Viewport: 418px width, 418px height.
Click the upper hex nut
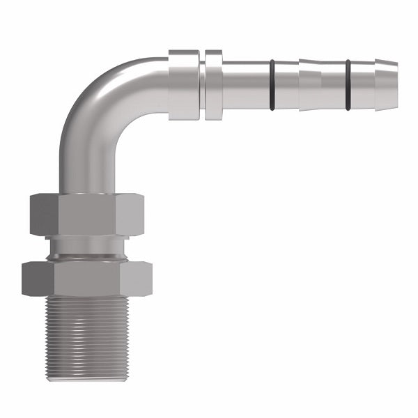click(87, 215)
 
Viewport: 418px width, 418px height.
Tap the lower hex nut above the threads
click(87, 279)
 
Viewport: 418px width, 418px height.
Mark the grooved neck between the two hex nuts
click(87, 249)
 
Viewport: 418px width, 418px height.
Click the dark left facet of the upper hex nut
click(44, 215)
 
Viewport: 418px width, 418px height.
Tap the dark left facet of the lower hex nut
click(38, 279)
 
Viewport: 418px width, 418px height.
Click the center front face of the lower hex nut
click(87, 279)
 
